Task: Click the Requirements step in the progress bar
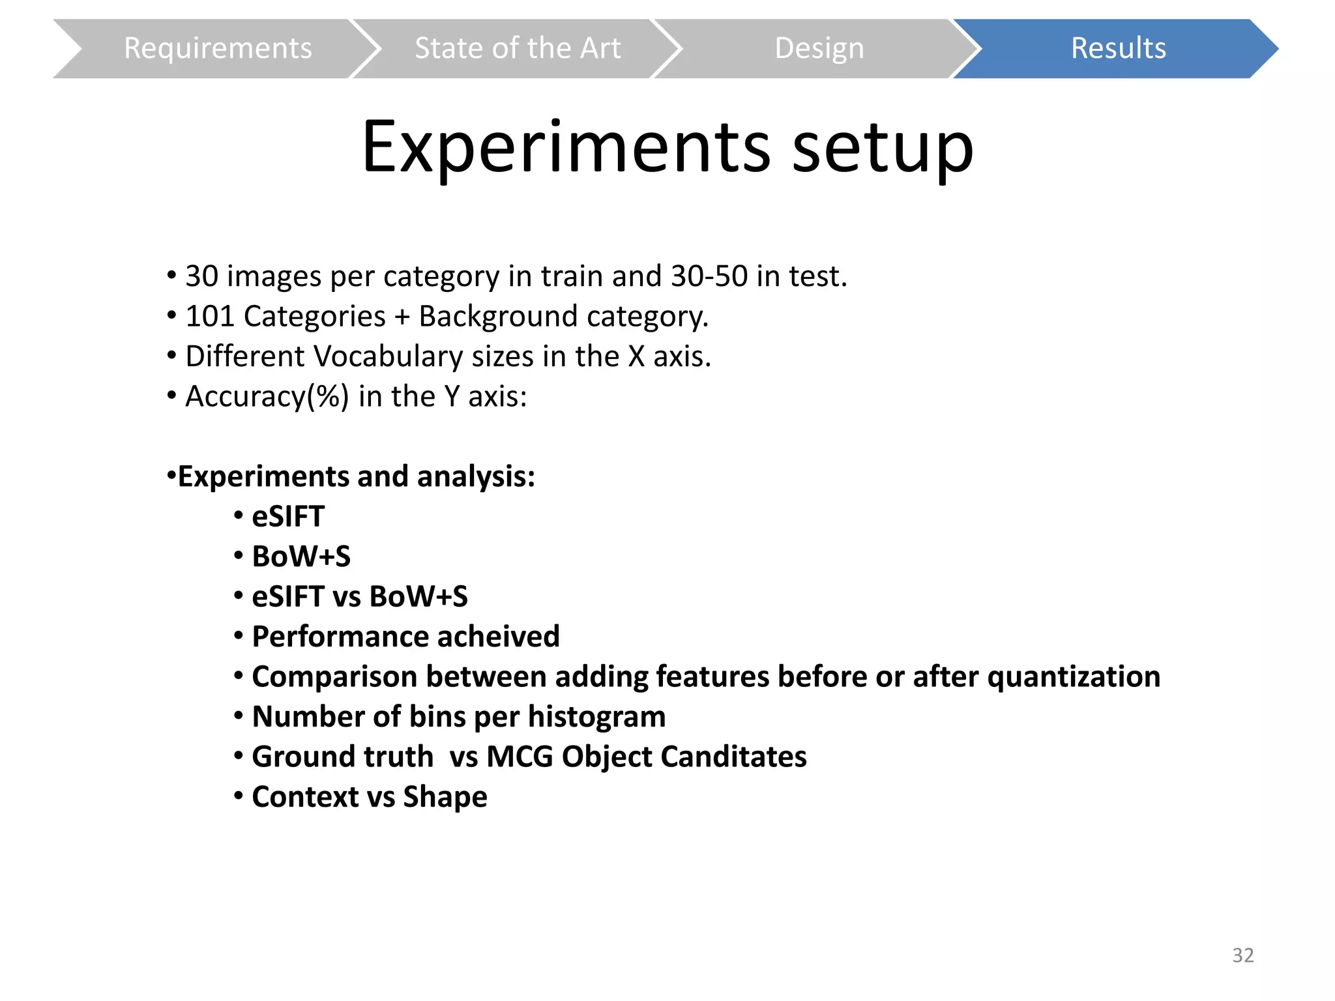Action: click(x=218, y=49)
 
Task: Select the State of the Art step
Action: click(x=518, y=49)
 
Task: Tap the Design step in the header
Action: click(x=819, y=49)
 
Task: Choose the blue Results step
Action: click(x=1118, y=49)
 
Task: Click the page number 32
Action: click(x=1242, y=955)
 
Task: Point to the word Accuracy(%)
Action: click(x=267, y=397)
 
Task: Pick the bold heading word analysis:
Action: click(x=476, y=476)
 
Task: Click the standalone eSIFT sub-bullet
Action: click(x=288, y=517)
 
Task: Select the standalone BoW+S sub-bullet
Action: click(x=301, y=557)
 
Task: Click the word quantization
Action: click(x=1074, y=677)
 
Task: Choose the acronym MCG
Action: click(x=520, y=757)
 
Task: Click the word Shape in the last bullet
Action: click(x=445, y=797)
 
